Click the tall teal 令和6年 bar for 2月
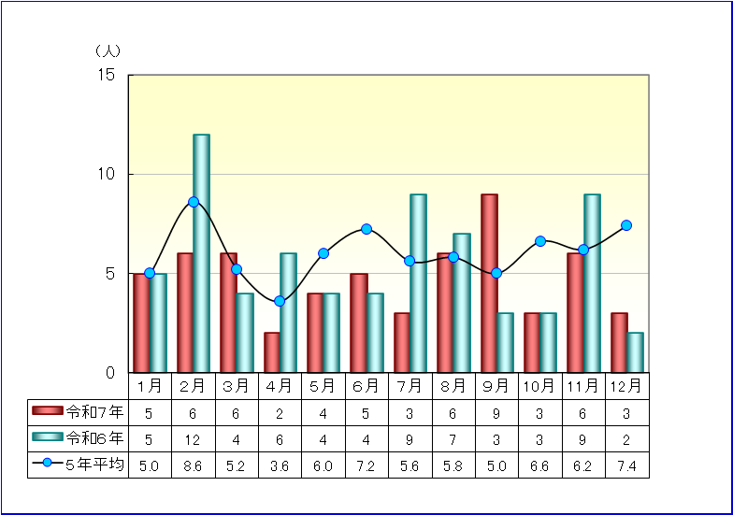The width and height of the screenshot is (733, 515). click(x=201, y=253)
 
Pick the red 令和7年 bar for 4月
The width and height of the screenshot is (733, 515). click(x=272, y=352)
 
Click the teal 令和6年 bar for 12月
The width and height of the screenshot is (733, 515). click(x=635, y=352)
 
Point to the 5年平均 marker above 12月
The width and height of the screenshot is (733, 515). click(x=626, y=225)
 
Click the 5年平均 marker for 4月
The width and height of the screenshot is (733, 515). click(x=280, y=301)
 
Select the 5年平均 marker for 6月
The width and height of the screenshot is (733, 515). click(x=366, y=229)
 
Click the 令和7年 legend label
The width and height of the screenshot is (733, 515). click(x=94, y=411)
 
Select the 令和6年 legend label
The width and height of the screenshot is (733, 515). click(x=94, y=438)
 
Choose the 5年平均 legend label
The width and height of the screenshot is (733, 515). click(x=94, y=465)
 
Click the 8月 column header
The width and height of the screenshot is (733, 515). click(x=453, y=385)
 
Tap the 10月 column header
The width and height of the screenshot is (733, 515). click(x=539, y=385)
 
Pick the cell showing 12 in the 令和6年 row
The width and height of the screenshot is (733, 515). click(x=193, y=438)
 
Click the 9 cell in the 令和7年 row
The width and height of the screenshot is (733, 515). click(x=496, y=411)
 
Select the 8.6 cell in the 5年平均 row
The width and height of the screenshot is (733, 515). click(x=193, y=465)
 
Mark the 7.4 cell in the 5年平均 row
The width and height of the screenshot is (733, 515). click(x=626, y=465)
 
